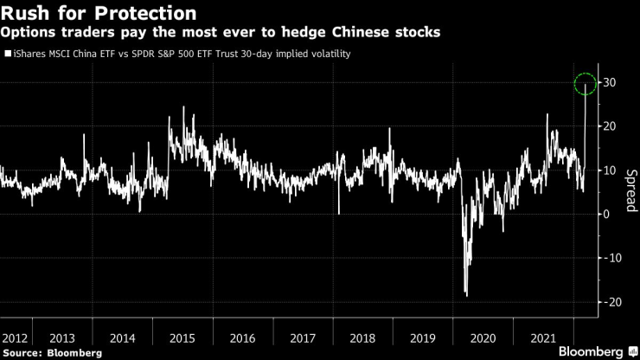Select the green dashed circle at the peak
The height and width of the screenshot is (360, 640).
click(x=586, y=84)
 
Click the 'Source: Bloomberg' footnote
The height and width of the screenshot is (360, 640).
click(x=52, y=352)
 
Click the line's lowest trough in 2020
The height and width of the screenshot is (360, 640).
click(x=467, y=295)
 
